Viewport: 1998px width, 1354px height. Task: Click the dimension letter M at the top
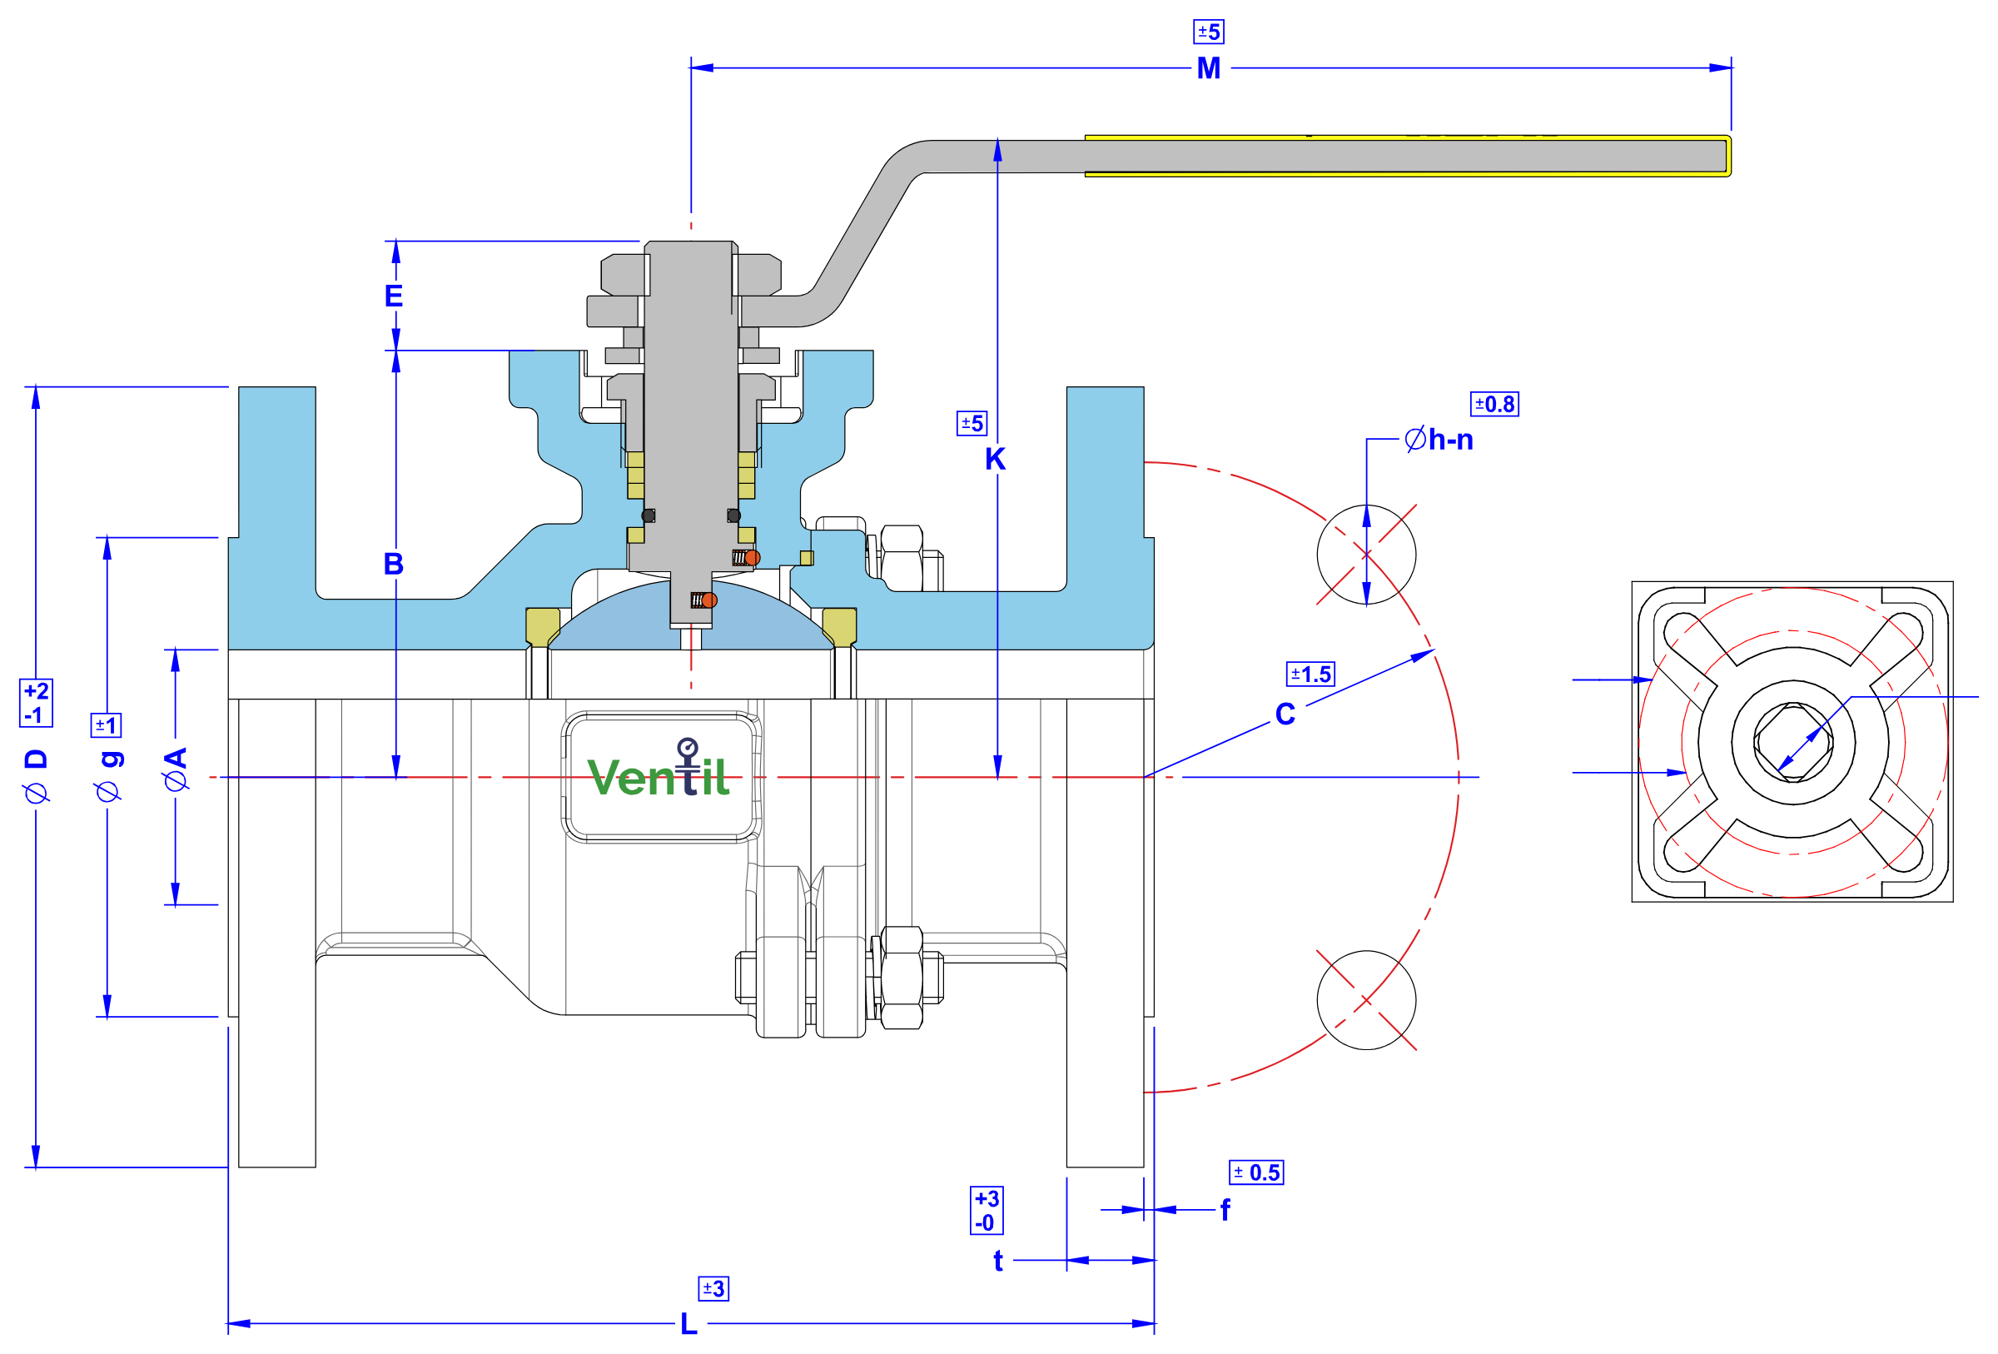coord(1208,68)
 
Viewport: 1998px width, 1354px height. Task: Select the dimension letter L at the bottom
coord(688,1324)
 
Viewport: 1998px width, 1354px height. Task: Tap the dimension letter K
coord(995,459)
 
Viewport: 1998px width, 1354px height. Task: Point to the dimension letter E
coord(394,296)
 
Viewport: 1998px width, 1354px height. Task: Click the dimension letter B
coord(394,564)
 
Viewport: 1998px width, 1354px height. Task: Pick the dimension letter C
coord(1285,714)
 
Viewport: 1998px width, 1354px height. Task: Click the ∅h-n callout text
coord(1439,440)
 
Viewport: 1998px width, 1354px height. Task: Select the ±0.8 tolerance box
coord(1494,404)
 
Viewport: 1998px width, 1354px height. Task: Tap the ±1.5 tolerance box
coord(1310,674)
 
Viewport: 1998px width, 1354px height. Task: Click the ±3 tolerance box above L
coord(713,1289)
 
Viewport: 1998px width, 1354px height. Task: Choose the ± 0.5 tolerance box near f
coord(1256,1172)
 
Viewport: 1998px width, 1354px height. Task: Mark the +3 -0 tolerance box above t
coord(987,1211)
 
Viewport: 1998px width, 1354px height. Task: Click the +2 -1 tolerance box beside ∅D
coord(36,703)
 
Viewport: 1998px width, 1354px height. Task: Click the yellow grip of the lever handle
coord(1408,156)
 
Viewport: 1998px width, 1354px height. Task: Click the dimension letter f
coord(1225,1211)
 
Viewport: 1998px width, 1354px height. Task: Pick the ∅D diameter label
coord(36,776)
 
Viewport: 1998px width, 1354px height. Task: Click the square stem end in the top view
coord(1793,741)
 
